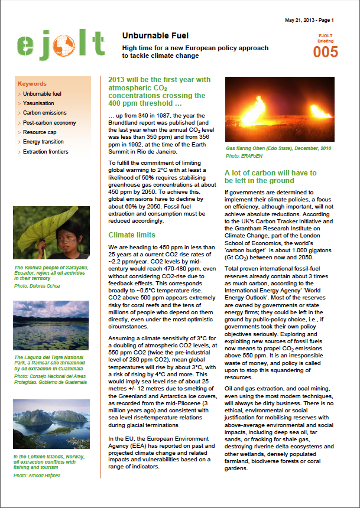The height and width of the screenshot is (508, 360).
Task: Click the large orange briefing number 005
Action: (x=326, y=52)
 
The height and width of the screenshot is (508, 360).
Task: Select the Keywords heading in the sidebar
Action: (x=32, y=84)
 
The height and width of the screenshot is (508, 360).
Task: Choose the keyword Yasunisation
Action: (x=38, y=103)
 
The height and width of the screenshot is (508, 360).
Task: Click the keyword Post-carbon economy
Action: (x=48, y=123)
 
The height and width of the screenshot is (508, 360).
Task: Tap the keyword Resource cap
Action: (x=40, y=132)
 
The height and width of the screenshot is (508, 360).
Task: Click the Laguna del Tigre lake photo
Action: (x=51, y=327)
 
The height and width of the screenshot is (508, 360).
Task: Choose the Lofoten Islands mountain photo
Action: (x=51, y=424)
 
